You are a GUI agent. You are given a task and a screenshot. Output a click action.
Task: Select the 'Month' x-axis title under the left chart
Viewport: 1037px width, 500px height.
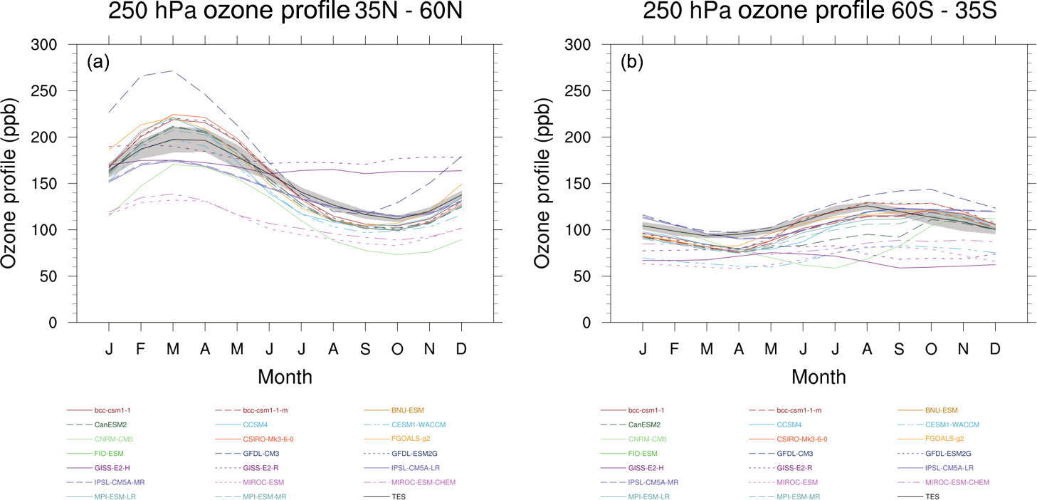pos(285,376)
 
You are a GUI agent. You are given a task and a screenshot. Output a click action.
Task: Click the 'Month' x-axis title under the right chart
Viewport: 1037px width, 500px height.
pos(818,376)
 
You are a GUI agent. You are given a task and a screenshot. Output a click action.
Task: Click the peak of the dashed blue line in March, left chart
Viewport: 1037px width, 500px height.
pos(173,71)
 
